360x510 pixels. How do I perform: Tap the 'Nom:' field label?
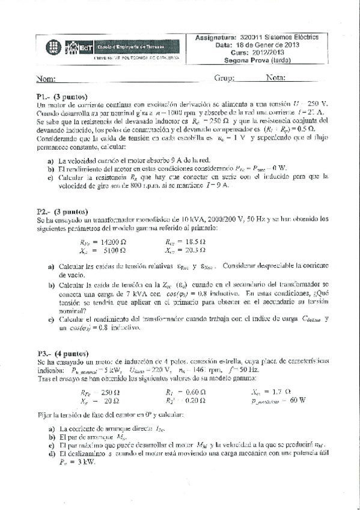click(x=46, y=79)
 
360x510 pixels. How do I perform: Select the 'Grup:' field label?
click(x=224, y=78)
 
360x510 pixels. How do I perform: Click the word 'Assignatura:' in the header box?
click(x=217, y=37)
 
